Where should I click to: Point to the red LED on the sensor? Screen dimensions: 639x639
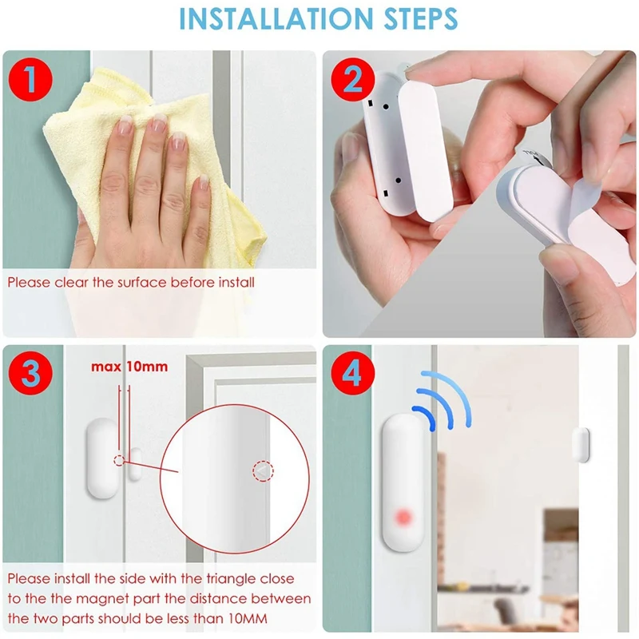click(x=403, y=518)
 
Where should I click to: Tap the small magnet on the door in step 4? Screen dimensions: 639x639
click(x=580, y=444)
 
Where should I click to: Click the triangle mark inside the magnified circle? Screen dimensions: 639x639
click(x=262, y=472)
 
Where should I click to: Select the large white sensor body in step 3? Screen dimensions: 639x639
click(x=100, y=459)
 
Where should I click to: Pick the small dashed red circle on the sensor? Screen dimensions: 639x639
click(x=119, y=461)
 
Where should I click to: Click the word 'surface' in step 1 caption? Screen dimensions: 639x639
click(x=146, y=282)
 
